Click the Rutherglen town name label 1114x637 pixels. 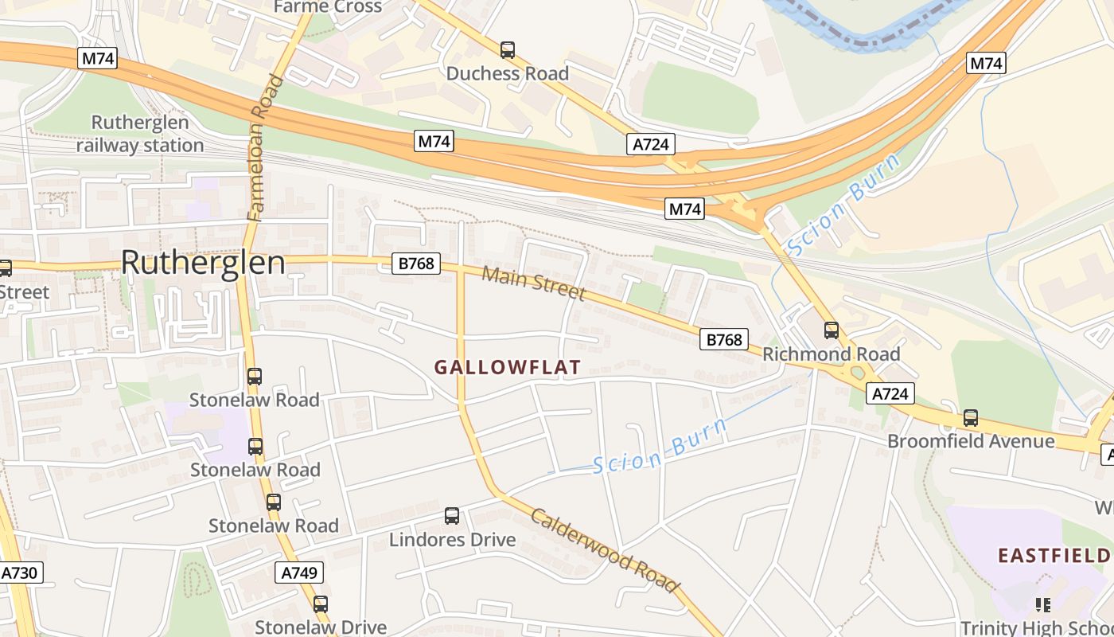click(203, 263)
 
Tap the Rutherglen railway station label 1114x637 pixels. click(140, 134)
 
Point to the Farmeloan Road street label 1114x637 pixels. click(265, 148)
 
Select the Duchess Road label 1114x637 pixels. click(507, 74)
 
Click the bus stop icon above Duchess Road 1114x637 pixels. click(508, 50)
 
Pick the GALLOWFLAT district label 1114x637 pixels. click(507, 367)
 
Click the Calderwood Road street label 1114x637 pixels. click(605, 550)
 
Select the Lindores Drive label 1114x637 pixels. click(452, 540)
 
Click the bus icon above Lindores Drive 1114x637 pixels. click(452, 516)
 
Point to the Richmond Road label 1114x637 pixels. click(831, 354)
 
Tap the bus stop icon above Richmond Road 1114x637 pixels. click(832, 330)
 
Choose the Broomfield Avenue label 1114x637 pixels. click(971, 441)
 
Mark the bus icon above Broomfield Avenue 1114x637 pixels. click(971, 417)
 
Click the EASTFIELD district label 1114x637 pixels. click(1055, 555)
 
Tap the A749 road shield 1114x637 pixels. click(300, 573)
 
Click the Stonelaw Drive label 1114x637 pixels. click(320, 627)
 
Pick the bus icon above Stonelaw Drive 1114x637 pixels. click(320, 604)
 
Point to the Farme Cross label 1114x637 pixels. click(327, 7)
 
